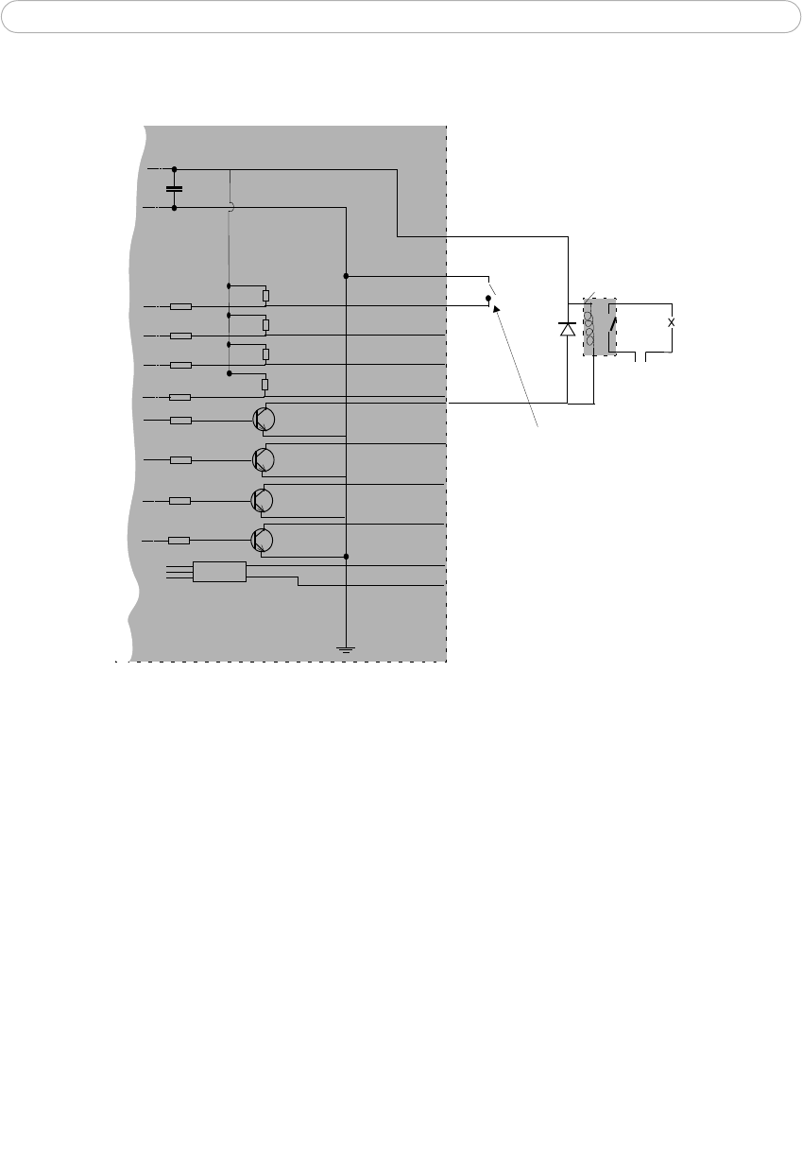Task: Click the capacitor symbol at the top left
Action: click(175, 188)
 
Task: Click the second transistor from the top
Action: click(264, 459)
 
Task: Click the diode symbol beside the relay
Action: click(567, 329)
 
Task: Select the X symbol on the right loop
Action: click(672, 322)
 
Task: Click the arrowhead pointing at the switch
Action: click(494, 308)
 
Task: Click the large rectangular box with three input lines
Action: click(219, 572)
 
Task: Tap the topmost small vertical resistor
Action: click(265, 295)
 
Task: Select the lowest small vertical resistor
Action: click(265, 384)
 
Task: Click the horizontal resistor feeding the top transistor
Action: click(180, 421)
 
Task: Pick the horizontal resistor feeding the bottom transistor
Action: click(180, 541)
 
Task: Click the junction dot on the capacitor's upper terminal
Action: click(175, 170)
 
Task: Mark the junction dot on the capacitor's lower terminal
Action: click(175, 206)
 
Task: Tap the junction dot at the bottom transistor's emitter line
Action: click(347, 557)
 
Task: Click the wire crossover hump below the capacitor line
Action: click(231, 206)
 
